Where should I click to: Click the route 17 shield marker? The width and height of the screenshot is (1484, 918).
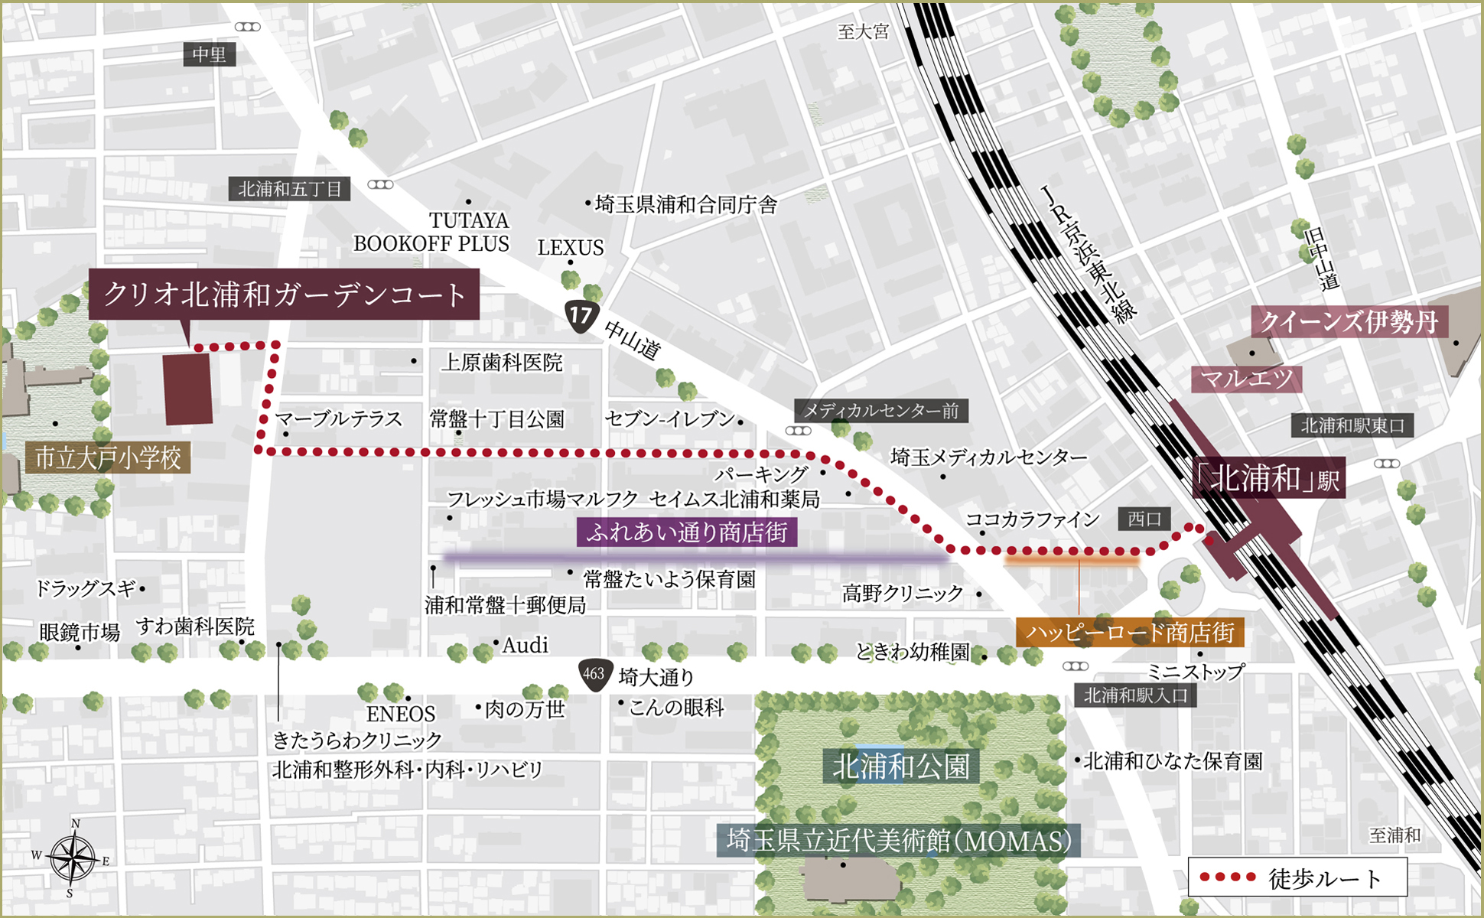(x=581, y=316)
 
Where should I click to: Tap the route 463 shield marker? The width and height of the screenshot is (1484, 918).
(x=594, y=674)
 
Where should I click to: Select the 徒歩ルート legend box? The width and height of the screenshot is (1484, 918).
(x=1297, y=877)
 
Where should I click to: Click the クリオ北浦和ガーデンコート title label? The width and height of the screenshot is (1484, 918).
(x=284, y=295)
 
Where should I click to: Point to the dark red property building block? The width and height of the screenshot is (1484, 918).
(x=188, y=389)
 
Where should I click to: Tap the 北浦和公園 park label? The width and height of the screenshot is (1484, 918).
(x=900, y=766)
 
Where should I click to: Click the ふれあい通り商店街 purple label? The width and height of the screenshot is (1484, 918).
(x=686, y=532)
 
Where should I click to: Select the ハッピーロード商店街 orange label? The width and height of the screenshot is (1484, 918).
(x=1130, y=633)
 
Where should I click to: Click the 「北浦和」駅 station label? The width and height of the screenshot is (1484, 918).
(x=1268, y=480)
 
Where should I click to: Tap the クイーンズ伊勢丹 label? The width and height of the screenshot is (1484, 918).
(x=1349, y=322)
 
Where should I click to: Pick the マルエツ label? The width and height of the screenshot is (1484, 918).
(x=1246, y=379)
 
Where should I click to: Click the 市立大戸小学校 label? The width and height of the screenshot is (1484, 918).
(x=108, y=458)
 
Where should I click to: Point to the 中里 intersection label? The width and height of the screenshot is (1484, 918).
(x=209, y=54)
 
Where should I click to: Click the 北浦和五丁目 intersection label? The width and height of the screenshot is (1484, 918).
(x=289, y=189)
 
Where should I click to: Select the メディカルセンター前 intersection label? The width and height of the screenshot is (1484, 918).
(x=880, y=411)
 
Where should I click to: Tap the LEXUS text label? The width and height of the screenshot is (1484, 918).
(x=570, y=248)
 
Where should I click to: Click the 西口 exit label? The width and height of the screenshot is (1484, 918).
(x=1144, y=519)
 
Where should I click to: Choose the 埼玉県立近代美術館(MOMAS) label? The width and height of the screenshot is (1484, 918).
(x=899, y=841)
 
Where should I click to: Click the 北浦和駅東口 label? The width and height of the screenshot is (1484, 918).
(x=1352, y=425)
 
